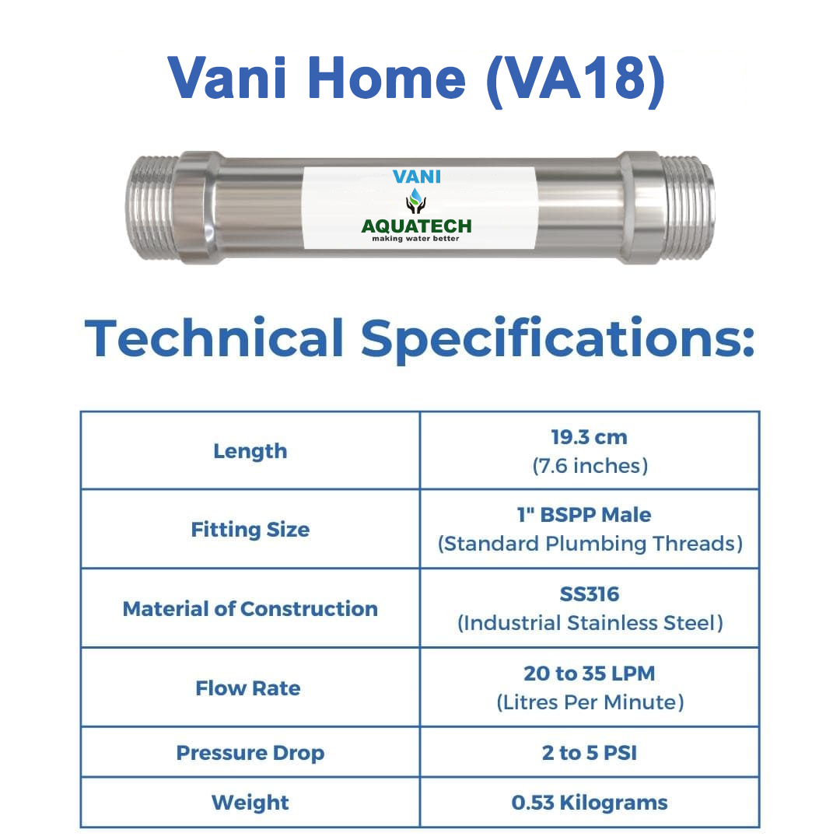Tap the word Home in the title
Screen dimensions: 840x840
click(x=387, y=79)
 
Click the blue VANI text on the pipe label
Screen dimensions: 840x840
click(x=417, y=177)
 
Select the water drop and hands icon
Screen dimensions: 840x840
click(x=415, y=201)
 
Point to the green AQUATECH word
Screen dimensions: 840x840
click(x=417, y=226)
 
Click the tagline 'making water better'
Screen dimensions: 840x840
click(x=415, y=239)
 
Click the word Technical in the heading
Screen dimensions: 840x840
click(x=215, y=338)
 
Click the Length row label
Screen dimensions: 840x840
click(x=250, y=451)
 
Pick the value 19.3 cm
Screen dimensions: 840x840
click(x=590, y=437)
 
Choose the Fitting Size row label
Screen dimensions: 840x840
click(x=250, y=530)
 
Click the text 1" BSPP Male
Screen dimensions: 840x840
click(x=584, y=515)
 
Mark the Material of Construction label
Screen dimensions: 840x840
click(x=250, y=608)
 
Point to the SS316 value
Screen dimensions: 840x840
click(x=590, y=594)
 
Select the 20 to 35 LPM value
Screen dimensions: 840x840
click(x=590, y=674)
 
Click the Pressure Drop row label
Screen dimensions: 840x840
click(x=250, y=753)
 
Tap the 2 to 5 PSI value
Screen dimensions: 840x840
click(x=590, y=753)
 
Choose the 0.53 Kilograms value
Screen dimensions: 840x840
click(x=590, y=803)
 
